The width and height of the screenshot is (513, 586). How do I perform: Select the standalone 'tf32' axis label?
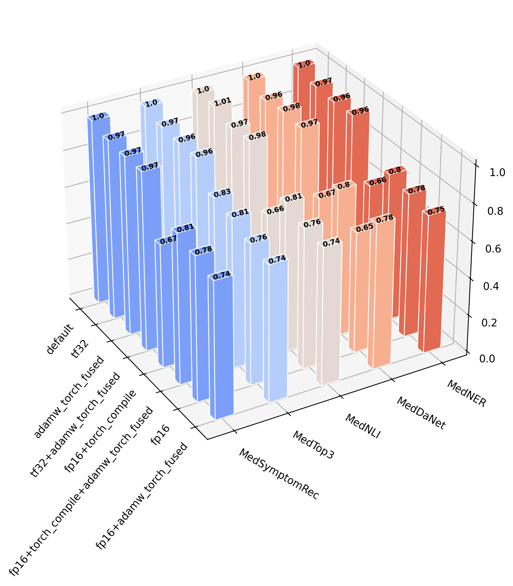[x=80, y=349]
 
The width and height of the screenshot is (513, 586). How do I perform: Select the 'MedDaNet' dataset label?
[x=421, y=413]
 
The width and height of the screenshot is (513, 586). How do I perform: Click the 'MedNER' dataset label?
[x=466, y=394]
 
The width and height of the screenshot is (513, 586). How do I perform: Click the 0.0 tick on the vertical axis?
[x=487, y=358]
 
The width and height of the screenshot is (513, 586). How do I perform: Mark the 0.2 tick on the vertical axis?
[x=489, y=323]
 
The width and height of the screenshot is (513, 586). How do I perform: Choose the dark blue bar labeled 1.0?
[x=101, y=210]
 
